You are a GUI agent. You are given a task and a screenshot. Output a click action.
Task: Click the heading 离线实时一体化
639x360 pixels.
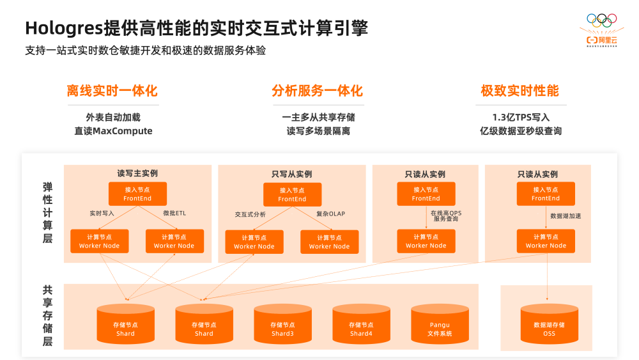click(112, 91)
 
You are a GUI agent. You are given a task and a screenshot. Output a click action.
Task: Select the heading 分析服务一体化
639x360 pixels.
click(317, 91)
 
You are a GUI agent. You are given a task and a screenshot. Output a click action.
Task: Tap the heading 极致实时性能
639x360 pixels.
click(520, 91)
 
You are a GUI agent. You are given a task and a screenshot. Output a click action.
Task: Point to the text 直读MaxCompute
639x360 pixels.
click(113, 131)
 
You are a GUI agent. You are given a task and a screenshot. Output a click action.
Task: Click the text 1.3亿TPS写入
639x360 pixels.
click(521, 118)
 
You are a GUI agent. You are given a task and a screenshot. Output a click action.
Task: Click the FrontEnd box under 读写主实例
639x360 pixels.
click(137, 194)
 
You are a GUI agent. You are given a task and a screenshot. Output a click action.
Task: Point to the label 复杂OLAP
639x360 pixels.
click(330, 214)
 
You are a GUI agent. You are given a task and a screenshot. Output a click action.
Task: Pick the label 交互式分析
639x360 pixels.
click(250, 214)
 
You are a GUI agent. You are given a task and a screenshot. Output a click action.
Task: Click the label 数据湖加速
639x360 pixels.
click(566, 216)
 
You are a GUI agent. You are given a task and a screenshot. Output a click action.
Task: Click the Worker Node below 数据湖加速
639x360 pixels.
click(546, 241)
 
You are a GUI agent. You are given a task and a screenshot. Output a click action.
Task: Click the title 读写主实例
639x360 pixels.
click(137, 173)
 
